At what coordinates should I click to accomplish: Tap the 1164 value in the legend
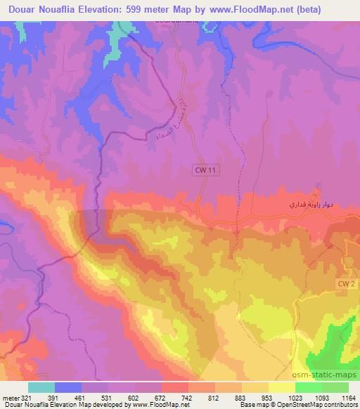tap(348, 397)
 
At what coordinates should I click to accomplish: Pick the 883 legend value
tap(241, 397)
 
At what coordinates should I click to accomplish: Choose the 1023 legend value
tap(295, 397)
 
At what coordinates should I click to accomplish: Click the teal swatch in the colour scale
tap(41, 387)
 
